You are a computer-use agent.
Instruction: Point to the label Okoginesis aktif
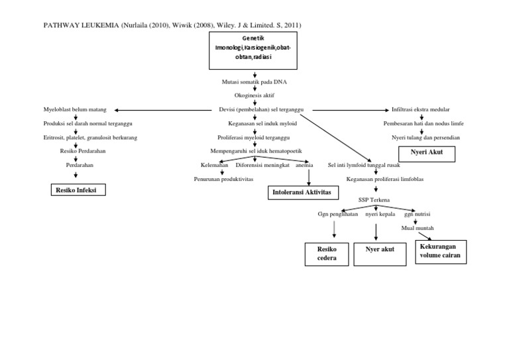pos(254,95)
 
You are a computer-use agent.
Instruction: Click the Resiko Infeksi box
pos(78,191)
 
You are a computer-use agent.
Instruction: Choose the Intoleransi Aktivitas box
pos(302,192)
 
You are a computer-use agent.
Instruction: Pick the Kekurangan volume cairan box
pos(439,253)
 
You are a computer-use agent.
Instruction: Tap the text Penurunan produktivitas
pos(223,179)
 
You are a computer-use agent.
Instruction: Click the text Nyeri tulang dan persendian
pos(425,137)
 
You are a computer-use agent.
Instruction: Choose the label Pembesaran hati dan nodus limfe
pos(422,123)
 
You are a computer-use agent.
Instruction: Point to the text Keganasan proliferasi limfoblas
pos(375,179)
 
